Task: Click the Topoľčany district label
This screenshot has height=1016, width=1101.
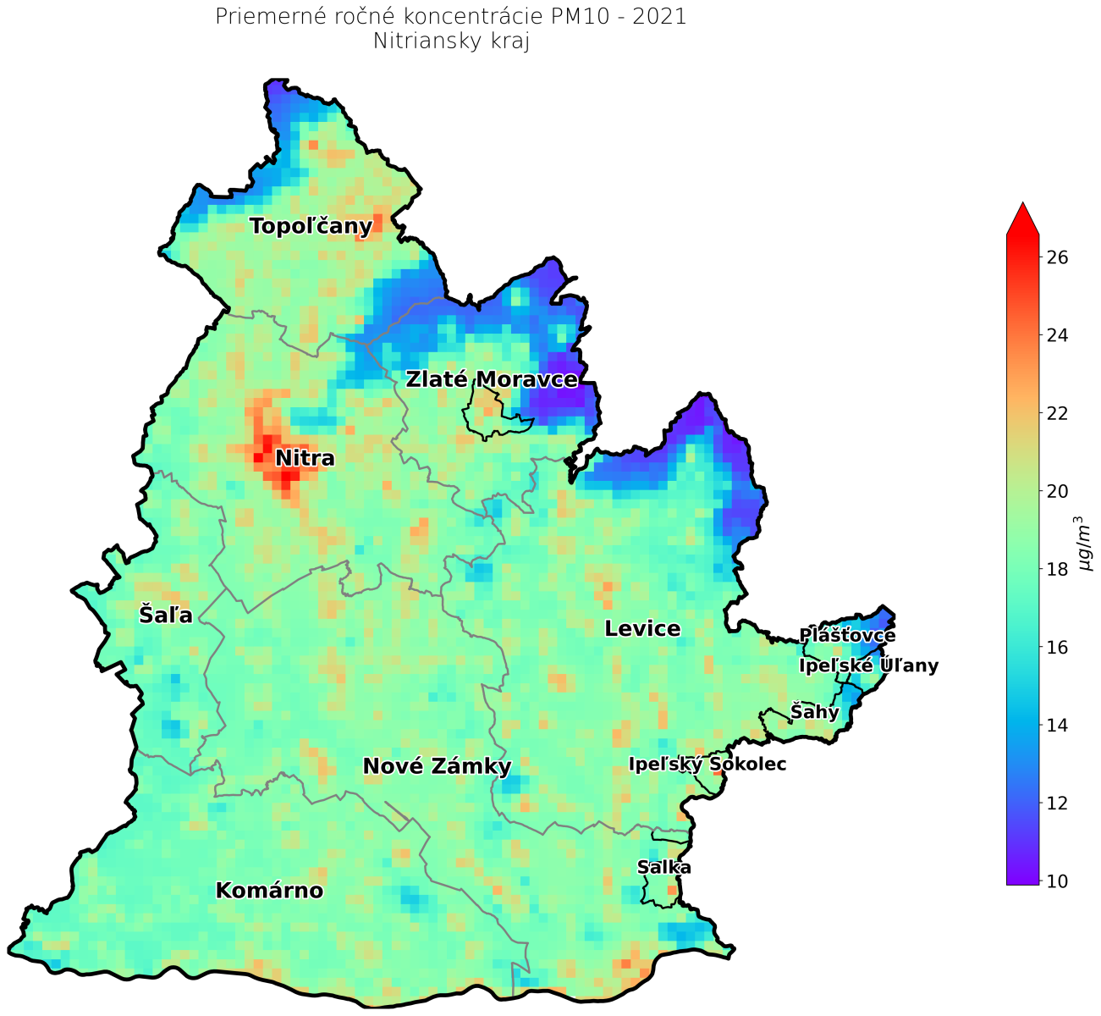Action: (x=311, y=226)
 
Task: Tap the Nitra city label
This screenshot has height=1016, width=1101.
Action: (x=305, y=459)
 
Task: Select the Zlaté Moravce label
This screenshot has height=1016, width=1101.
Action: (x=492, y=379)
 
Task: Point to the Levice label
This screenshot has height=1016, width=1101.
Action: (x=642, y=628)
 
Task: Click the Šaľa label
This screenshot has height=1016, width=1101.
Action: (x=166, y=615)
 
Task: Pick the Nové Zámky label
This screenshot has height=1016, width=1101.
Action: (x=437, y=766)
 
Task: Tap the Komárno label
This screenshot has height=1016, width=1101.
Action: (x=269, y=891)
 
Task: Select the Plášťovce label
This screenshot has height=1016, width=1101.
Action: (x=847, y=635)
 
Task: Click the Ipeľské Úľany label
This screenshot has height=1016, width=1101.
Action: (x=868, y=665)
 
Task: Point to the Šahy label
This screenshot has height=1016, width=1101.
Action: (x=814, y=712)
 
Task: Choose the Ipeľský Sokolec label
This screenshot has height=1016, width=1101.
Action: (x=707, y=765)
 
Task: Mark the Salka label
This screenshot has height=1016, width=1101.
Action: (x=664, y=867)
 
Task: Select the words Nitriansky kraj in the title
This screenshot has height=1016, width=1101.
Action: (x=451, y=41)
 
